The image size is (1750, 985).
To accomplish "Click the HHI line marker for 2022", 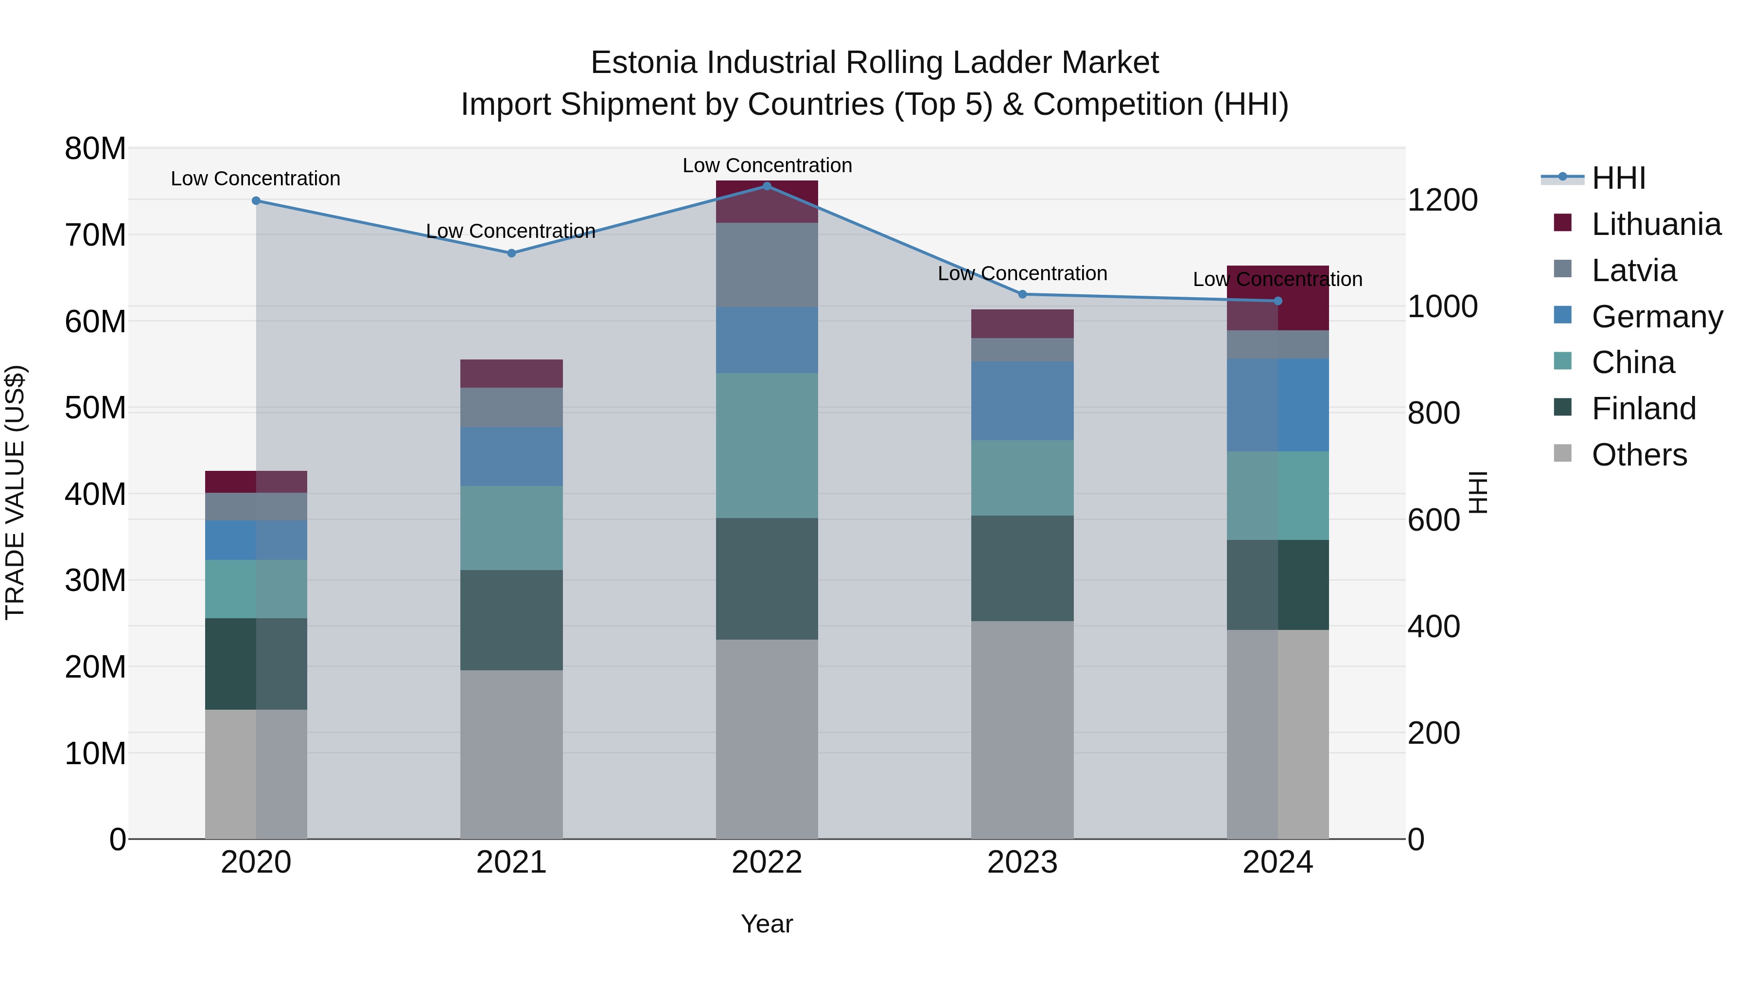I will tap(767, 186).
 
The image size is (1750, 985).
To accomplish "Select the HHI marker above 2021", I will tap(511, 253).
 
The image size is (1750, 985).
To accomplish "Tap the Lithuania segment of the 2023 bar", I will tap(1022, 323).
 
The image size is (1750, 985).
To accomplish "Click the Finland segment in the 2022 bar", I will tap(767, 578).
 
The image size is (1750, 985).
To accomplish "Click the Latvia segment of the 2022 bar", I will tap(767, 265).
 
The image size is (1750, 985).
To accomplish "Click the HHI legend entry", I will tap(1617, 178).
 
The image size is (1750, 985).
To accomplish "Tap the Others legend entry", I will tap(1639, 455).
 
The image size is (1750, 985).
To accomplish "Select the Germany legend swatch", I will tap(1562, 315).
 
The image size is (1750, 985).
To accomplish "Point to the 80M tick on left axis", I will tap(95, 149).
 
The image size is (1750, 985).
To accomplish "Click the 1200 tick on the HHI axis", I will tap(1442, 200).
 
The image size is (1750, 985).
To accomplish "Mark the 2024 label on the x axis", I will tap(1277, 862).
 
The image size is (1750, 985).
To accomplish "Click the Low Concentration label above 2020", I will tap(255, 179).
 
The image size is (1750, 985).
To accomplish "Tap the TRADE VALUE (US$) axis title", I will tap(15, 492).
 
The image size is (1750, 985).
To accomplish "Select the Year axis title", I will tap(767, 924).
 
